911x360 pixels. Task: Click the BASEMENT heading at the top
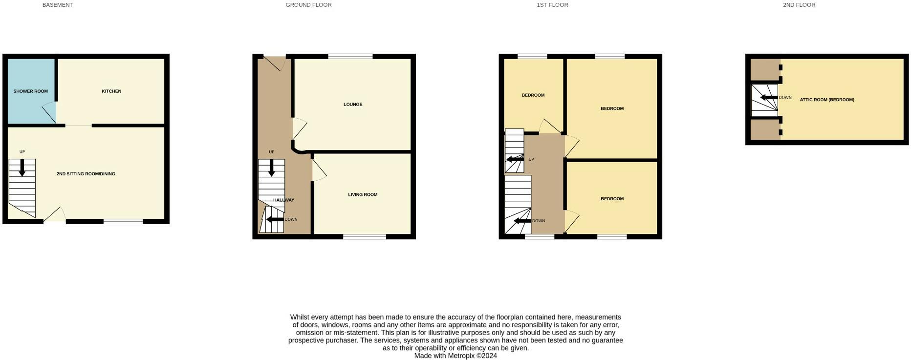pos(58,5)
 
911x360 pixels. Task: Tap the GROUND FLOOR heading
pos(308,5)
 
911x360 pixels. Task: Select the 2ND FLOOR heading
pos(799,5)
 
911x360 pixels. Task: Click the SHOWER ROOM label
pos(30,91)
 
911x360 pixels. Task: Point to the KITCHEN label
pos(111,91)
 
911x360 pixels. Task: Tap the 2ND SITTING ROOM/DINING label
pos(86,174)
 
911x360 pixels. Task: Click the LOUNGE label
pos(353,105)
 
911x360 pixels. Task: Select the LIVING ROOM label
pos(363,195)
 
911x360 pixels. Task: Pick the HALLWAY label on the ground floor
pos(283,200)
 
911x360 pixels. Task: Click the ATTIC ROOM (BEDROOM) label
pos(827,100)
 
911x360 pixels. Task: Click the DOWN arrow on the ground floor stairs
pos(275,219)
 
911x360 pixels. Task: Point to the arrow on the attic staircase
pos(769,98)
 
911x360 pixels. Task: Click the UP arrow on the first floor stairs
pos(515,159)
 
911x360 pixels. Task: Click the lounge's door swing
pos(299,128)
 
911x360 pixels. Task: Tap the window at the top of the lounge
pos(350,56)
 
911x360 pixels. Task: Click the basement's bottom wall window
pos(123,222)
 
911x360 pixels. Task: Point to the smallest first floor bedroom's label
pos(533,95)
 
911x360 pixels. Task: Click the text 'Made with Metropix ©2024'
pos(455,356)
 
